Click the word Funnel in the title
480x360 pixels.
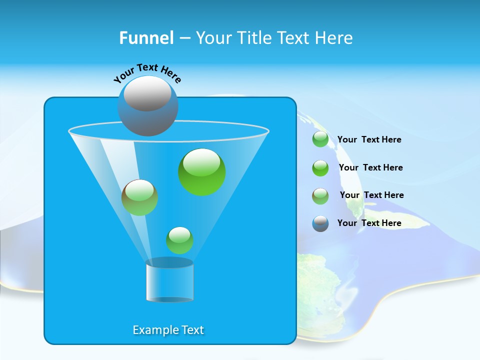(x=146, y=38)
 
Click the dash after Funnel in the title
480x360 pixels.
(x=184, y=38)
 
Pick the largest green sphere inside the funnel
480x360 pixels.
(x=201, y=172)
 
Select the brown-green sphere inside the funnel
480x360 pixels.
(x=139, y=197)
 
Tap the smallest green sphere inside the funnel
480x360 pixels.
(x=179, y=240)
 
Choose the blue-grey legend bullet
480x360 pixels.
(x=320, y=223)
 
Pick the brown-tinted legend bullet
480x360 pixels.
(x=320, y=196)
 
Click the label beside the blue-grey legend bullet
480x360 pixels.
(x=369, y=223)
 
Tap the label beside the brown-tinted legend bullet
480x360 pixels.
(x=371, y=195)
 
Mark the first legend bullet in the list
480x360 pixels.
(x=320, y=139)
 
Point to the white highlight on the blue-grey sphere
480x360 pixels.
(x=147, y=93)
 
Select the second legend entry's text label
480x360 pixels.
(x=370, y=167)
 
